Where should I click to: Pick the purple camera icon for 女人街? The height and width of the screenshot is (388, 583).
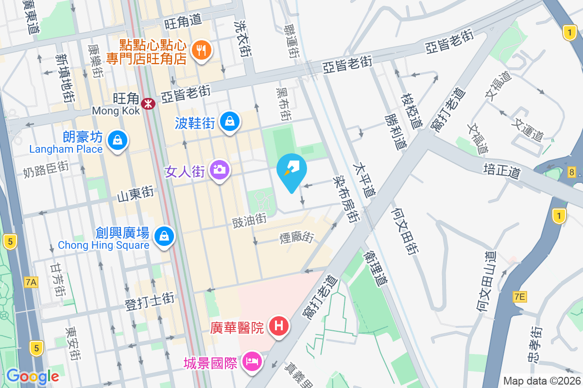point(220,169)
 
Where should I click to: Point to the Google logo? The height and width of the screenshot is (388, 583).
point(33,376)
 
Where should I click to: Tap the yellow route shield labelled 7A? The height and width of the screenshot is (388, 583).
point(31,282)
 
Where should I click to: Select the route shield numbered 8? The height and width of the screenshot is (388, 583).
point(572,172)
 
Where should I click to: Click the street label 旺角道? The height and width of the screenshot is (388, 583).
point(183,21)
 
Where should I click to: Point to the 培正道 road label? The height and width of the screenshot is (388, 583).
point(502,169)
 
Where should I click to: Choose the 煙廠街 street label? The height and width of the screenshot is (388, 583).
point(296,238)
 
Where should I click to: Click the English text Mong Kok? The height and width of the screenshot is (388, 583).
point(116,111)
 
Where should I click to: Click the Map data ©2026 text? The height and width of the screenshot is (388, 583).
point(542,381)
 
